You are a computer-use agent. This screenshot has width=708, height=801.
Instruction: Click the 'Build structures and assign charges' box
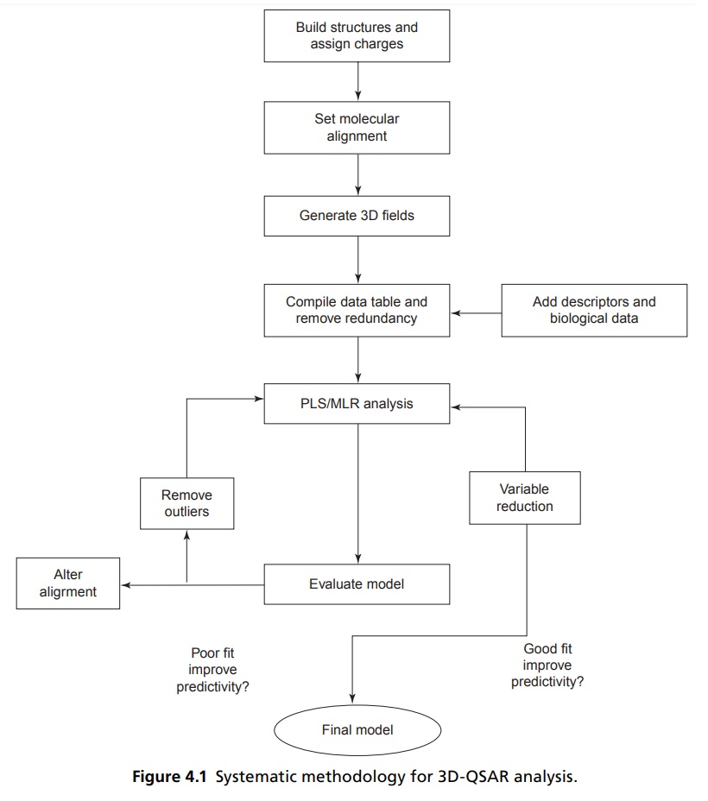pos(357,35)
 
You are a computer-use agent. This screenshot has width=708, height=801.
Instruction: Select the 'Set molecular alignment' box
pos(357,128)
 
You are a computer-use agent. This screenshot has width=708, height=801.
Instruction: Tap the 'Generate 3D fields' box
pos(357,216)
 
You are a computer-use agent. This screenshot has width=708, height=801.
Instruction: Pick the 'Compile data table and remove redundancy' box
pos(357,310)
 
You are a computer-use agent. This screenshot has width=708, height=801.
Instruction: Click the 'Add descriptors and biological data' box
pos(594,310)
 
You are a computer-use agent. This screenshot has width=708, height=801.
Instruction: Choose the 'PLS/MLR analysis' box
pos(357,404)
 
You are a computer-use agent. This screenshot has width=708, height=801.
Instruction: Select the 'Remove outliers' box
pos(187,503)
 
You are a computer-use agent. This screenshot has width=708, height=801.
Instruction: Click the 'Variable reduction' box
pos(525,497)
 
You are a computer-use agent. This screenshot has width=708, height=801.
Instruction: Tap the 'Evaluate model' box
pos(357,584)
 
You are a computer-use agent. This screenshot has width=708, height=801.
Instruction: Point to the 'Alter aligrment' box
pos(68,583)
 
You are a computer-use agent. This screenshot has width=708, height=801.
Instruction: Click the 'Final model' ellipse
pos(357,730)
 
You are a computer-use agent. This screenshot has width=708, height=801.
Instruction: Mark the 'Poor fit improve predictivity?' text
pos(212,670)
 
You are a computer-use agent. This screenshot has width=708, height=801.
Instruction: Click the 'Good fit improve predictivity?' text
pos(547,665)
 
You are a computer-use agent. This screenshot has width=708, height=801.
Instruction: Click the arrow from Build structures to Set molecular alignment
pos(358,81)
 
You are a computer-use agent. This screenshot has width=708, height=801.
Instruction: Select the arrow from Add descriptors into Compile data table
pos(476,312)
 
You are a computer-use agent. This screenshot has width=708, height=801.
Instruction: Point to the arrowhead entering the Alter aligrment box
pos(126,585)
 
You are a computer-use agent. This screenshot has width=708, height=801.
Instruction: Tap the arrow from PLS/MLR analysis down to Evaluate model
pos(358,494)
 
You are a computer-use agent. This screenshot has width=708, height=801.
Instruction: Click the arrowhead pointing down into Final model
pos(352,698)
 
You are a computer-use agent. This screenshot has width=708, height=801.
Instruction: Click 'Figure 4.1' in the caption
pos(169,777)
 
